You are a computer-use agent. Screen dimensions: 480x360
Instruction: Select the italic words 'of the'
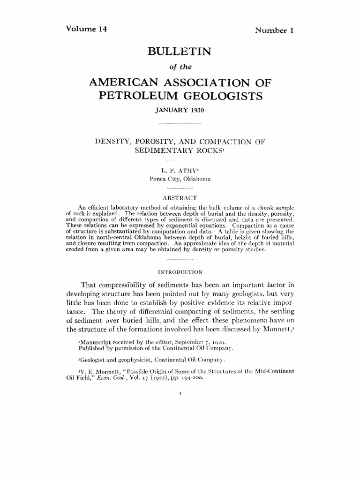coord(180,67)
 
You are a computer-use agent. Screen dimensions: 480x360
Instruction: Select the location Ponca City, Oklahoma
coord(180,179)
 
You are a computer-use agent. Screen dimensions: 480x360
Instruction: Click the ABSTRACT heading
coord(180,197)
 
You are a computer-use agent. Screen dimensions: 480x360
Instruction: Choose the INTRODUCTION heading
coord(180,271)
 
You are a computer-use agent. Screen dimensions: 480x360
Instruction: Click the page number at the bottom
coord(180,395)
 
